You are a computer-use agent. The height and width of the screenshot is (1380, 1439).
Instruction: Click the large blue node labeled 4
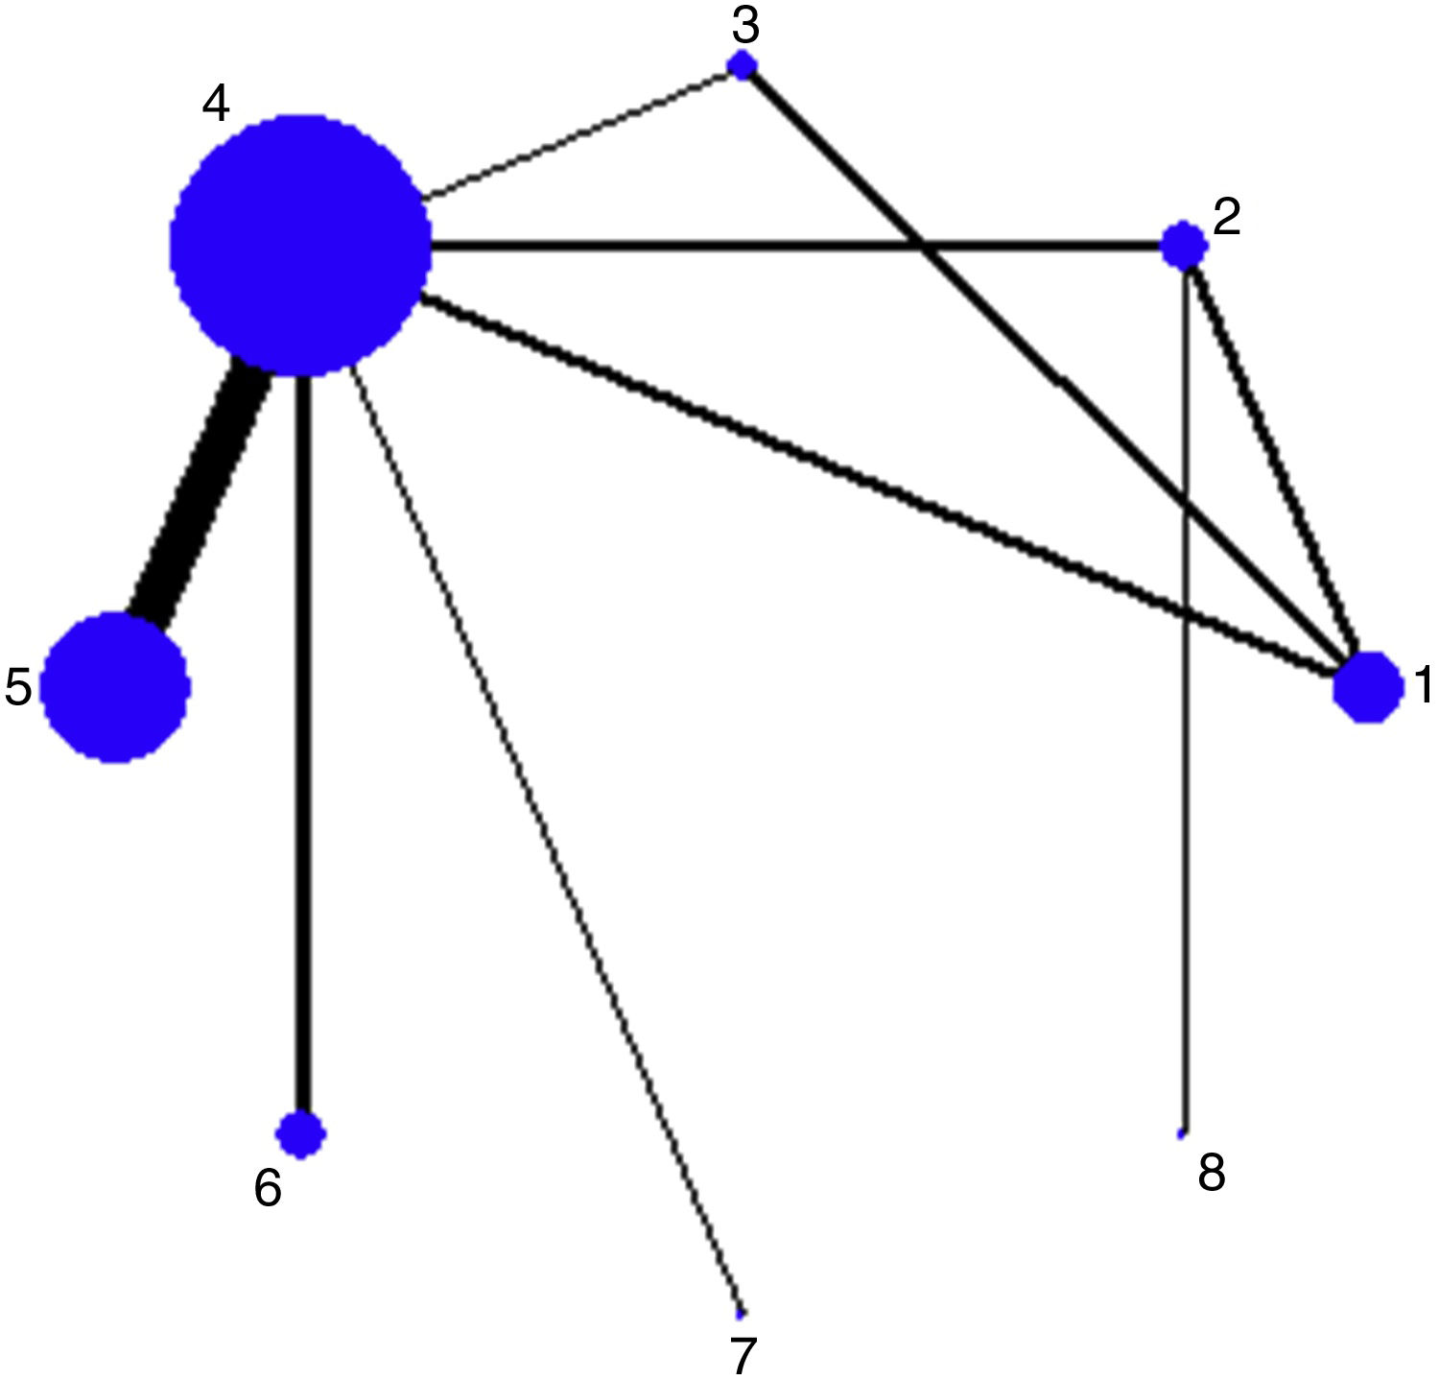[300, 245]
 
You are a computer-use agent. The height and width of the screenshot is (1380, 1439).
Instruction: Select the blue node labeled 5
[115, 687]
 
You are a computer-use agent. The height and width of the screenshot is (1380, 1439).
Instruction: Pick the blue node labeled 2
[1184, 246]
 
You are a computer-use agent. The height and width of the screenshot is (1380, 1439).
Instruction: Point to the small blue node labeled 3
[743, 65]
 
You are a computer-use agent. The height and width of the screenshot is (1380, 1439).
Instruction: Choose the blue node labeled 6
[301, 1134]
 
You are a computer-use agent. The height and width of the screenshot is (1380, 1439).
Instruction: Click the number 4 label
[216, 104]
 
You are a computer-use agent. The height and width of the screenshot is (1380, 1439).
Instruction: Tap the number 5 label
[18, 688]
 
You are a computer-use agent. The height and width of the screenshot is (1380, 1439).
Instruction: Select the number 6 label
[268, 1189]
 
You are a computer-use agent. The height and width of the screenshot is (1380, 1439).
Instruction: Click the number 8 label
[1212, 1173]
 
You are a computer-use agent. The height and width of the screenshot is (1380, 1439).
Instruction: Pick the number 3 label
[745, 27]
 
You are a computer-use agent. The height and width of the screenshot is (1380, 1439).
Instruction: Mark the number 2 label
[1227, 218]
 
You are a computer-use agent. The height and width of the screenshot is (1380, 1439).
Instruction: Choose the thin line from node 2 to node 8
[1186, 768]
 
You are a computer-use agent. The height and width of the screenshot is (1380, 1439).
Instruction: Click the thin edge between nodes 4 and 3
[576, 133]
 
